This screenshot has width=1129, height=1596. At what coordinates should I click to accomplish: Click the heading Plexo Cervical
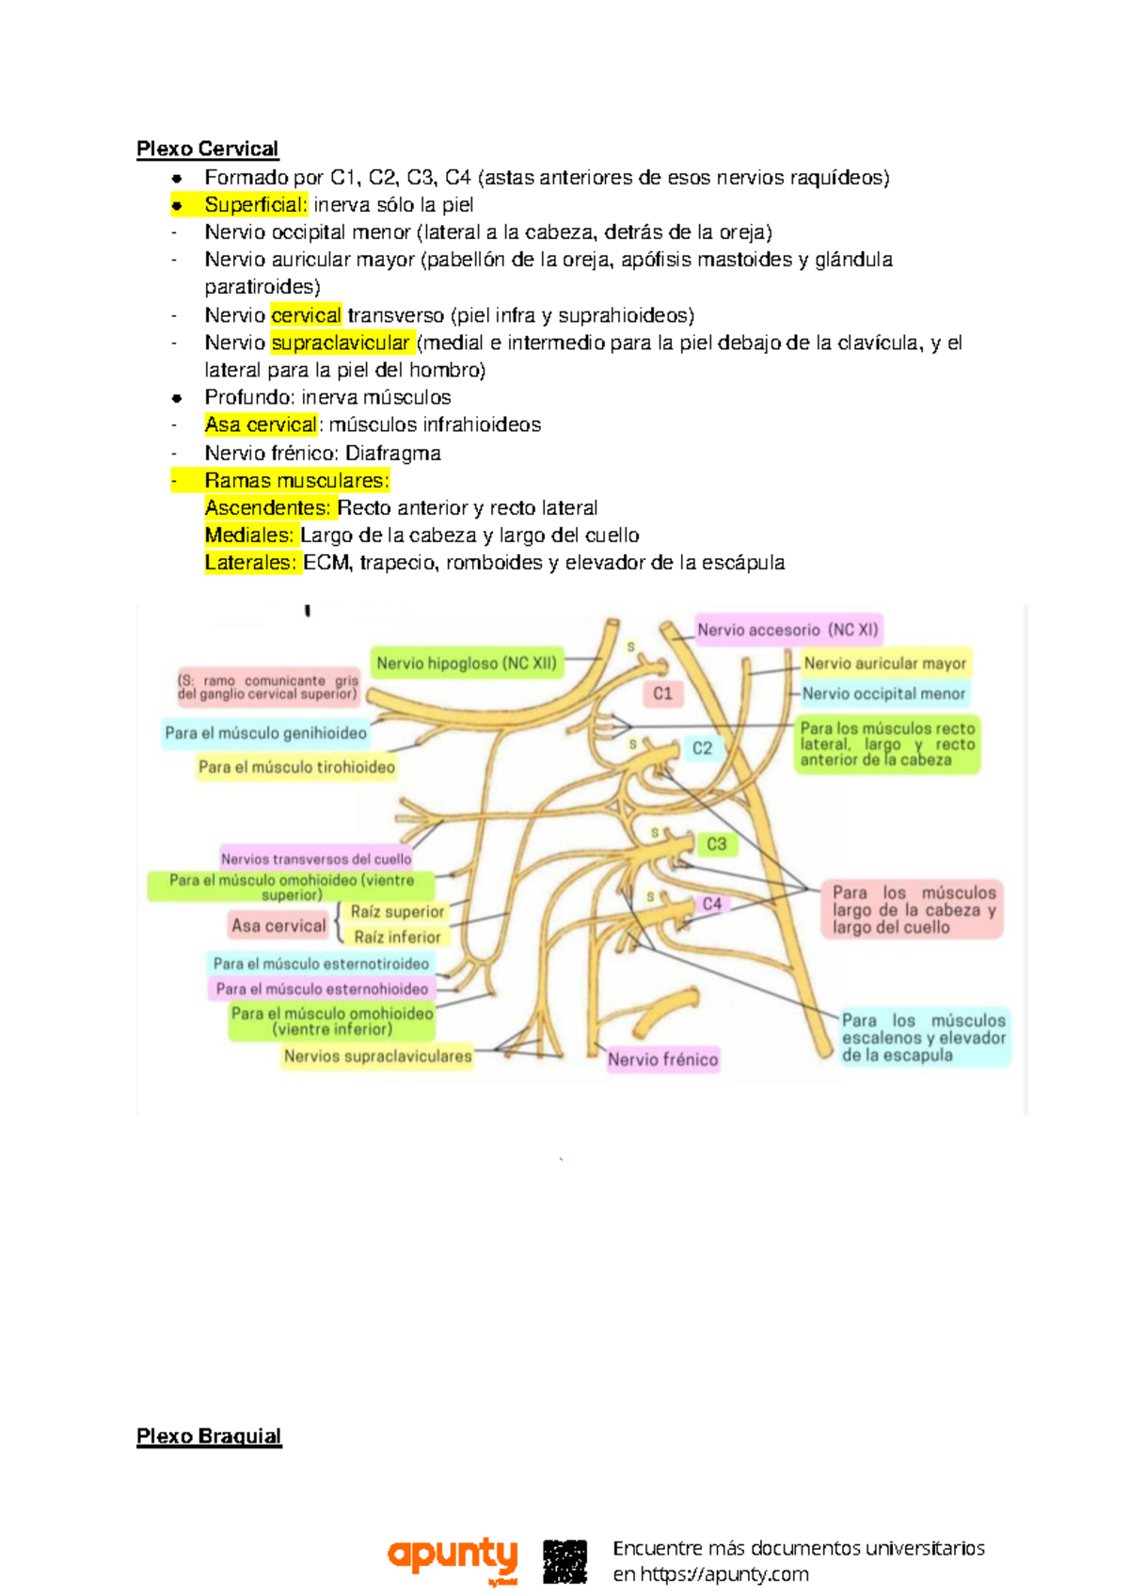[x=207, y=149]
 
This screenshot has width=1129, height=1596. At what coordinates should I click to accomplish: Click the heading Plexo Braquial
[x=209, y=1436]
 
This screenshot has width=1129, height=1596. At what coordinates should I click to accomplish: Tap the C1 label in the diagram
[x=662, y=694]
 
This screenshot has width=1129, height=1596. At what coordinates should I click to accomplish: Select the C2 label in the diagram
[x=702, y=748]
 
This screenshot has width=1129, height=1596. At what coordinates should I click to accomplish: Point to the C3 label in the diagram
[x=716, y=844]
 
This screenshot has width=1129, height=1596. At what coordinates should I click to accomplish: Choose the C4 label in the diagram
[x=712, y=904]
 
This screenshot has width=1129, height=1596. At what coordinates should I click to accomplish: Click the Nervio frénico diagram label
[x=662, y=1060]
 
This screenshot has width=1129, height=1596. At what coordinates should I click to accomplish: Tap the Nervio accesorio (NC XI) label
[x=787, y=630]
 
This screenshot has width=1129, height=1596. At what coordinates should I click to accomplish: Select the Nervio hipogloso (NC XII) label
[x=467, y=663]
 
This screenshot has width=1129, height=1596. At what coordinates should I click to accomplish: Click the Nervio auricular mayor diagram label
[x=884, y=663]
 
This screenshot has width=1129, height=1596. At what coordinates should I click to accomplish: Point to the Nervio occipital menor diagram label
[x=883, y=694]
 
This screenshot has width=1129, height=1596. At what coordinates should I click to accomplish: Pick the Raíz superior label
[x=397, y=911]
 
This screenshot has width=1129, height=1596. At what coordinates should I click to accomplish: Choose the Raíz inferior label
[x=397, y=937]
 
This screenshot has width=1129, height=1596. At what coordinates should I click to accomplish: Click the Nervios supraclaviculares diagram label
[x=377, y=1056]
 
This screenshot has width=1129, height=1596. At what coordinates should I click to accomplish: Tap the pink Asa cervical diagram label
[x=278, y=925]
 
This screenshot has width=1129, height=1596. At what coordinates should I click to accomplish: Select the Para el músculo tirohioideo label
[x=296, y=767]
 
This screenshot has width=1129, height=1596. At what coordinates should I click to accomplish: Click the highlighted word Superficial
[x=255, y=204]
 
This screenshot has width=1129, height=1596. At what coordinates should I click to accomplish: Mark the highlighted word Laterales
[x=249, y=563]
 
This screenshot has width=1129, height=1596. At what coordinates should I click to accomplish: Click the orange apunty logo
[x=453, y=1559]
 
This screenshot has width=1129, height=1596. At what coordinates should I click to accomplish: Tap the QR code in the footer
[x=564, y=1561]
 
